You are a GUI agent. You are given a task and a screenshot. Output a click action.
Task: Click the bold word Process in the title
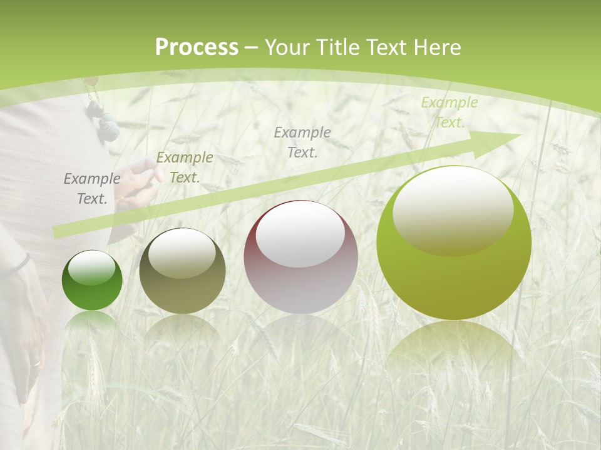[x=197, y=47]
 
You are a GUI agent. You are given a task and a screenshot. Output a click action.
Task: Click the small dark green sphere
[x=92, y=281]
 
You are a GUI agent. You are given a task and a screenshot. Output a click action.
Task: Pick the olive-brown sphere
[x=182, y=272]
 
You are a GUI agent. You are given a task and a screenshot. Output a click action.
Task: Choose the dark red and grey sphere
[x=301, y=257]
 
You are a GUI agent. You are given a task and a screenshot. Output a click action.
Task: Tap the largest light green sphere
[x=454, y=244]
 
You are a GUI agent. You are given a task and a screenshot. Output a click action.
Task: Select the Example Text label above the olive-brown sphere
[x=184, y=167]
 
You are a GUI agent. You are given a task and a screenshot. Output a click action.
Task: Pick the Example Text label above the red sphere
[x=302, y=142]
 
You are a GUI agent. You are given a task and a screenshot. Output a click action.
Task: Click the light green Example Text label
[x=449, y=112]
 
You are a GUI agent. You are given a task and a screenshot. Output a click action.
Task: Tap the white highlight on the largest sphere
[x=453, y=209]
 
